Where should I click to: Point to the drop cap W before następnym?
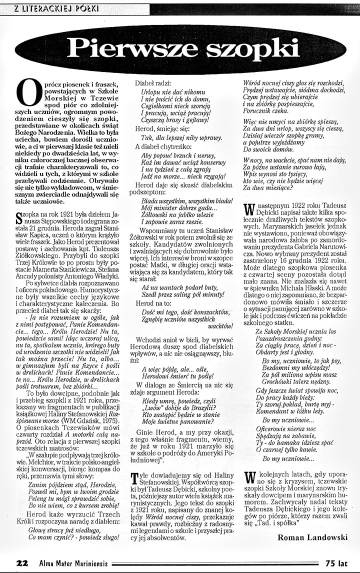(247, 209)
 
